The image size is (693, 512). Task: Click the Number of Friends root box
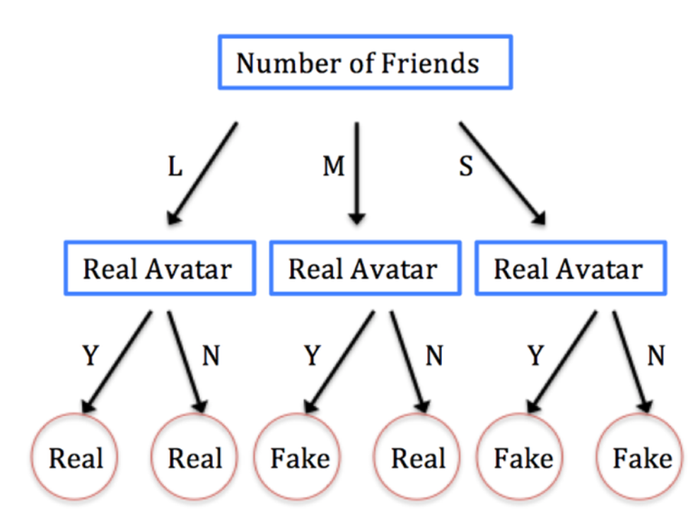[365, 64]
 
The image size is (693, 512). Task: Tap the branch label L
[175, 167]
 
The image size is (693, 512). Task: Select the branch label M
[334, 167]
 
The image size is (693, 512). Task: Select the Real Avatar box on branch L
[159, 269]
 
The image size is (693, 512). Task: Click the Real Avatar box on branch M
[364, 269]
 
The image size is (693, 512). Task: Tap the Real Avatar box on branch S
[570, 269]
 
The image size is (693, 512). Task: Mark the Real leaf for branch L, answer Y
[76, 459]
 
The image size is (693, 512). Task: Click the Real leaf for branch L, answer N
[195, 459]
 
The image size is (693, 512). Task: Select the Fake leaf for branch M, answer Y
[300, 459]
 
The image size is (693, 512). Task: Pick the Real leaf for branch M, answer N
[419, 459]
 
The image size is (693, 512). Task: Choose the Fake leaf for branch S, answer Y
[523, 459]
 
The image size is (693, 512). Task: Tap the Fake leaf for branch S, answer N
[642, 459]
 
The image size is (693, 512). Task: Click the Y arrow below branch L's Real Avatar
[118, 361]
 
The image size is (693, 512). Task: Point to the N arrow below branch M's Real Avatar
[409, 361]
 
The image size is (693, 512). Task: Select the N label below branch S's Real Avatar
[656, 356]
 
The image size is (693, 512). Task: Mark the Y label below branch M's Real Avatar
[312, 356]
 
